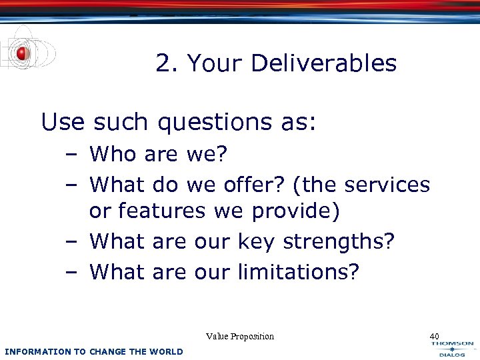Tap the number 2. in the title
[x=167, y=64]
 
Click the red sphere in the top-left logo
[x=22, y=53]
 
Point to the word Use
[x=63, y=122]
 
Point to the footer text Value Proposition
[x=240, y=336]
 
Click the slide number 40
[x=435, y=336]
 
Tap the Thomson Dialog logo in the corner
[x=453, y=348]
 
